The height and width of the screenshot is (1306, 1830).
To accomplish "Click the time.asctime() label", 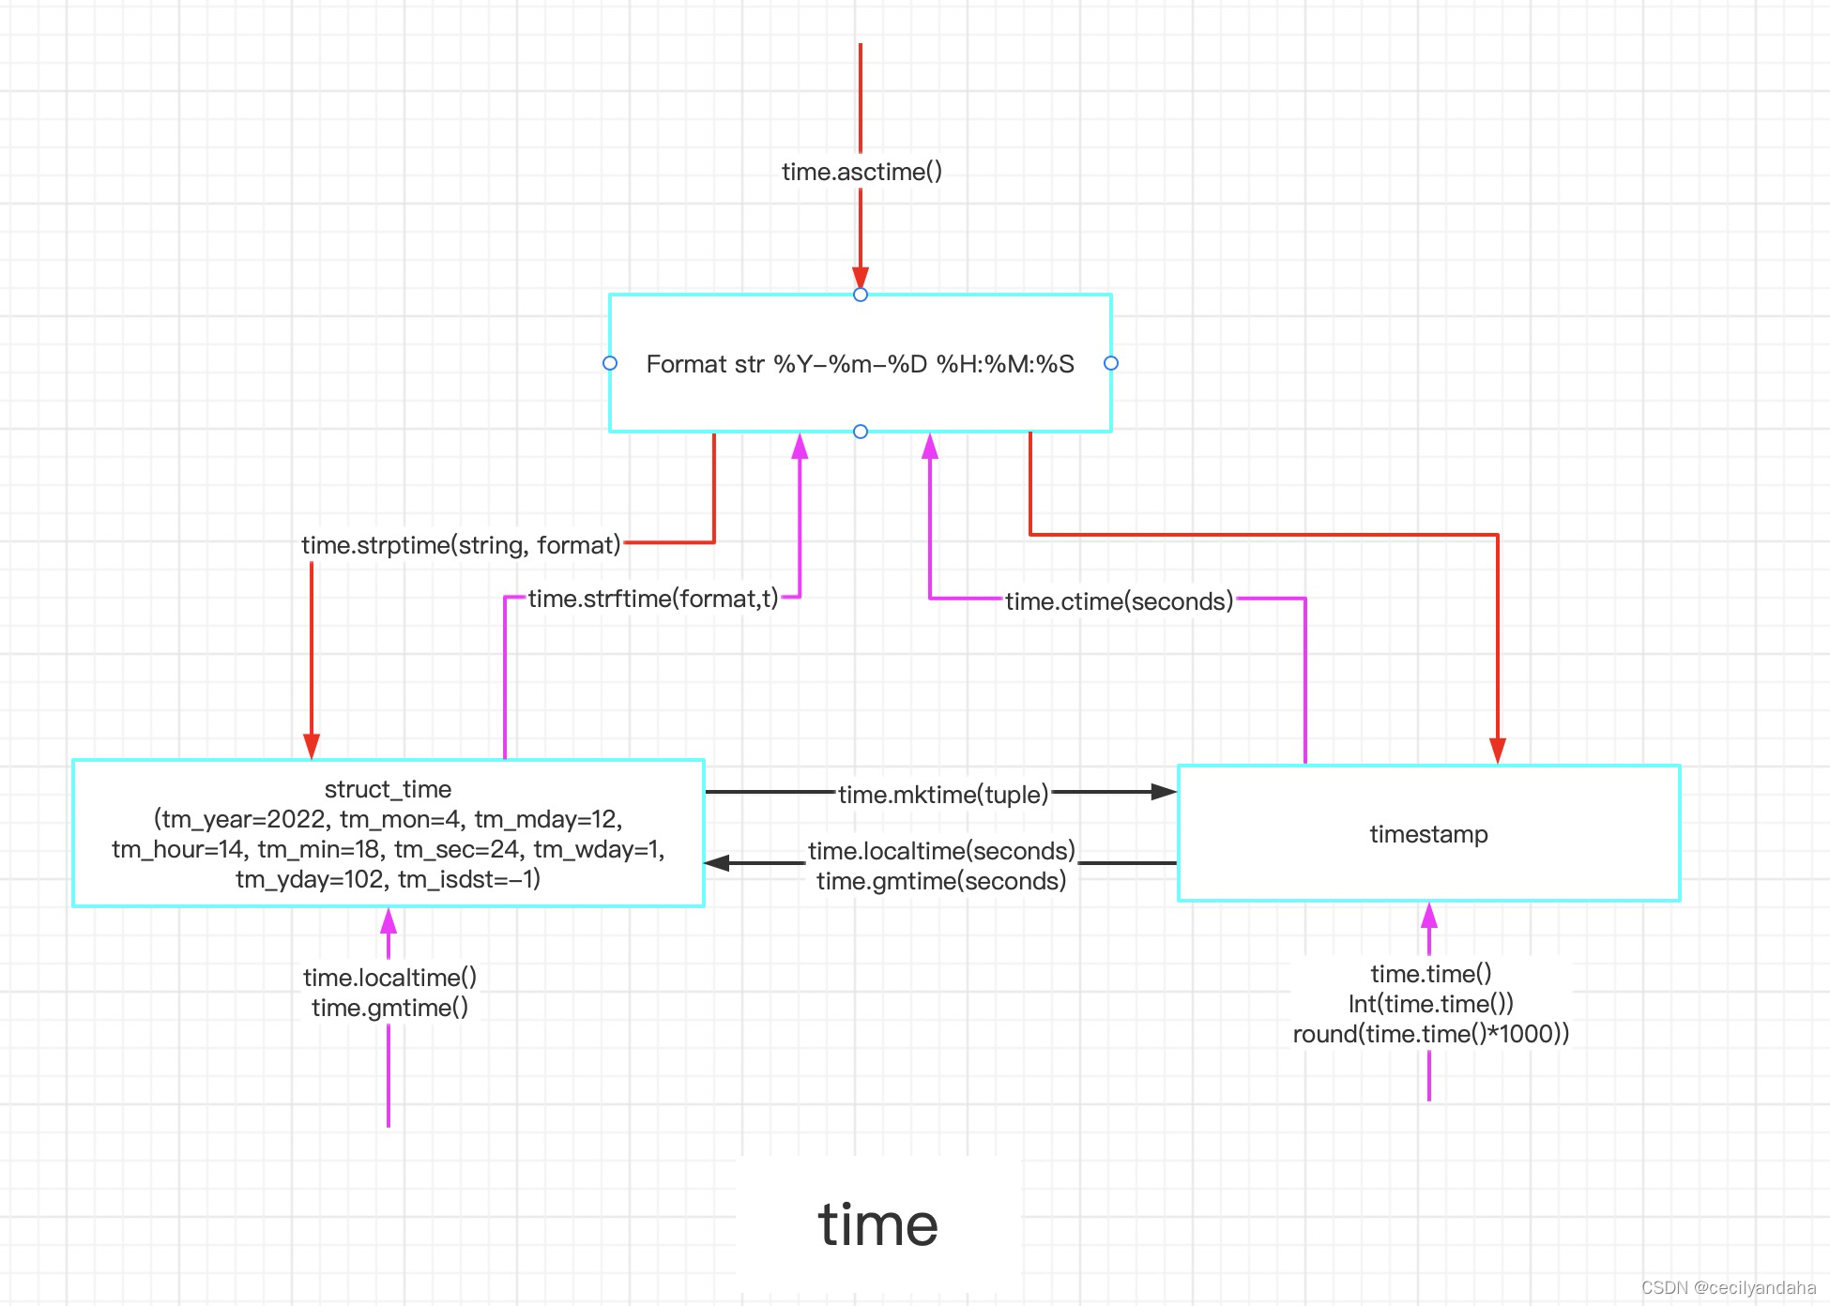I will pos(862,172).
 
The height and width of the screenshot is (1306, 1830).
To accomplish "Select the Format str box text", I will pos(860,364).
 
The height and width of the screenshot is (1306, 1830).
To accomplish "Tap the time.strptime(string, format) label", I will pos(461,545).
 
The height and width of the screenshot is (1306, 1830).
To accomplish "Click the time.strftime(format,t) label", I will pos(653,599).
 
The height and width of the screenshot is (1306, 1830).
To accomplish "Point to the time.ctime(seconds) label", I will pos(1119,601).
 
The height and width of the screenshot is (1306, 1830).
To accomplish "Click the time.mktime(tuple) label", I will pos(943,795).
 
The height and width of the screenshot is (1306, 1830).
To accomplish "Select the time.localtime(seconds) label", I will pos(941,851).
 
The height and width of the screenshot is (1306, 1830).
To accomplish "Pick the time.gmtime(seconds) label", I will pos(941,881).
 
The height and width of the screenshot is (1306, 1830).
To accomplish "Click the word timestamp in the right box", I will pos(1428,834).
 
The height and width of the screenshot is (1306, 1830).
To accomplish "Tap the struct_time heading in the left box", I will pos(388,789).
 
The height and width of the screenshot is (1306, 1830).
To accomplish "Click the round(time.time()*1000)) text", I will pos(1430,1034).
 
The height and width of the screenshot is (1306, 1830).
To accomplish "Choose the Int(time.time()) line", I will pos(1430,1004).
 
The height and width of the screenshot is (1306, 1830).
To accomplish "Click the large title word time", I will pos(877,1224).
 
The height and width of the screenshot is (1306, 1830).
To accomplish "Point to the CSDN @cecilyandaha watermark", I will pos(1729,1288).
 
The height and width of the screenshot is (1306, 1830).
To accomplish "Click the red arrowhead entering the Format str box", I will pos(861,278).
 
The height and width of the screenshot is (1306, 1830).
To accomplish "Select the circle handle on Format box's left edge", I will pos(610,363).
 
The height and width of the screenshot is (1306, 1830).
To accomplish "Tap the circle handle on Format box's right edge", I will pos(1111,363).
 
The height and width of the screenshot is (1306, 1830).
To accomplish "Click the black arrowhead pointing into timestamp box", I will pos(1164,792).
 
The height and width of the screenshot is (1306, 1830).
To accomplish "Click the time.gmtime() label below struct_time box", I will pos(389,1008).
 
